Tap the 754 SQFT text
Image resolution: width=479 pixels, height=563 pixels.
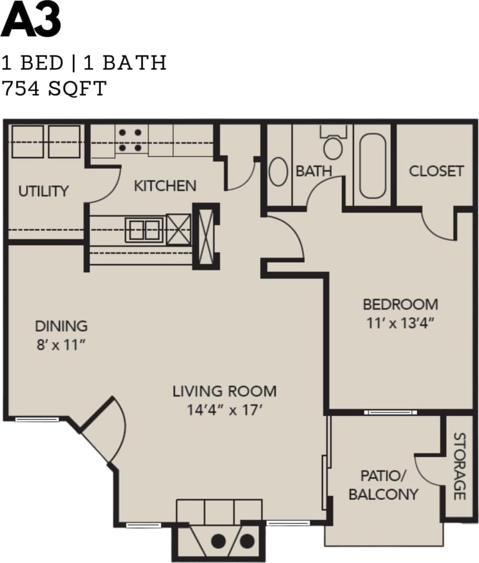tap(54, 88)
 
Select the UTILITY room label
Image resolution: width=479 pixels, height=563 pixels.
tap(43, 191)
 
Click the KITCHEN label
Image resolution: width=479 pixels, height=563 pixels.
tap(165, 186)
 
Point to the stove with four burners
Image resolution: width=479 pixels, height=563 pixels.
tap(130, 140)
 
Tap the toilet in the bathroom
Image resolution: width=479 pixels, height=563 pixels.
tap(334, 145)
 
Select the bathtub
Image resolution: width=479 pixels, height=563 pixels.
tap(372, 166)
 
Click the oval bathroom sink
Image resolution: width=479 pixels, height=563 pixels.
tap(279, 172)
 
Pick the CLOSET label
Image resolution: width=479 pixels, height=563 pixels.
tap(436, 171)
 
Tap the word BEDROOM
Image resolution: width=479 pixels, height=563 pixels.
tap(400, 304)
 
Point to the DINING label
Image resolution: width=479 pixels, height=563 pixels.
tap(61, 326)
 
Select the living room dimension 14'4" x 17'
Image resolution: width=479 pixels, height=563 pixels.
tap(224, 409)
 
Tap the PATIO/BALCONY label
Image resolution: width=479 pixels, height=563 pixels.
tap(383, 485)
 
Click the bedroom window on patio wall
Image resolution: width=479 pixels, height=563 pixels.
tap(390, 412)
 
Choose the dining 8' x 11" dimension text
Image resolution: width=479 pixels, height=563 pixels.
tap(61, 345)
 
